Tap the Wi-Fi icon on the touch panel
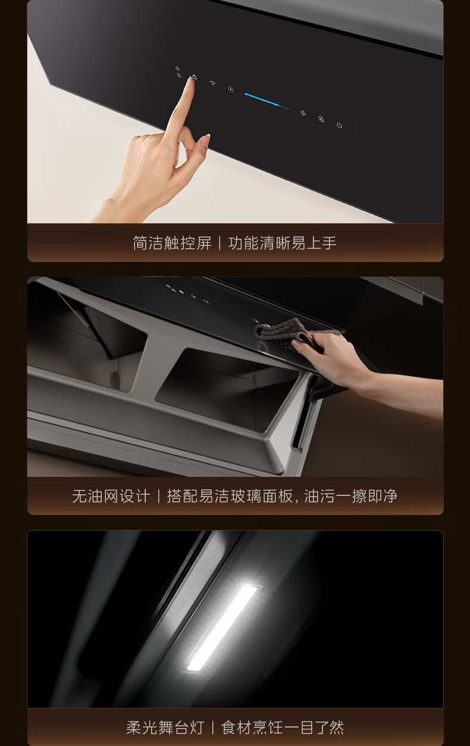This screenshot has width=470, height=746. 212,83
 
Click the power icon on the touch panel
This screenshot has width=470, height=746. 339,125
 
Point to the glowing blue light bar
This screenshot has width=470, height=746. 267,101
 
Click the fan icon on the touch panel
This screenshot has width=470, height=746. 303,113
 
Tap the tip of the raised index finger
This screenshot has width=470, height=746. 192,79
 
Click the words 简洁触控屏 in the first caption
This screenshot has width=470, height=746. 172,243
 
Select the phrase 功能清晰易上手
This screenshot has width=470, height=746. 282,243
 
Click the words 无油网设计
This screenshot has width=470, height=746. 111,496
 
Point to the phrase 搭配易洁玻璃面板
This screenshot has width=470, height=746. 229,496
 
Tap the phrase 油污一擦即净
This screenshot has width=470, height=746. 351,496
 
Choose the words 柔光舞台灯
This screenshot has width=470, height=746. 165,728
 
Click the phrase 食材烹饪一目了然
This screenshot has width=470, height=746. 283,728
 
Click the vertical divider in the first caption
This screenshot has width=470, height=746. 220,243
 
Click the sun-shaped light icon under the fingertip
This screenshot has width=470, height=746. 195,78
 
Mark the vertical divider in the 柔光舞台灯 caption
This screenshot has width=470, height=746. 212,728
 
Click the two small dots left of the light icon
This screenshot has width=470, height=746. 178,72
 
